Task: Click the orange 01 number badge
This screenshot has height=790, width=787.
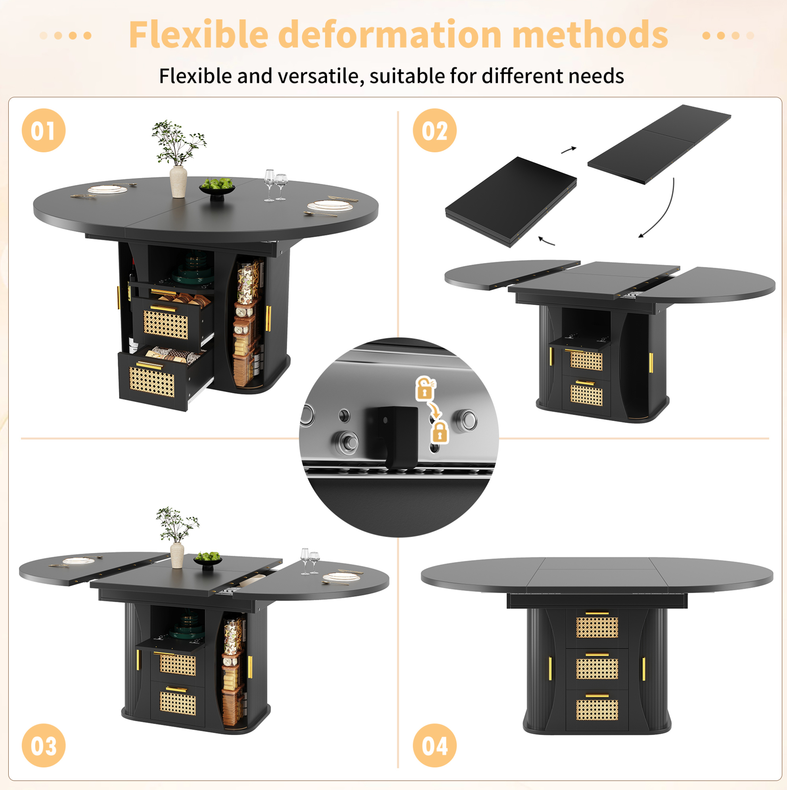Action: [x=43, y=130]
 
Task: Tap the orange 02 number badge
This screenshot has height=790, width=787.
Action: [x=435, y=130]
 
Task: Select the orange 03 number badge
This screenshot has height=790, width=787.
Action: [x=43, y=746]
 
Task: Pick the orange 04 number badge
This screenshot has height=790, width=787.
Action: [x=435, y=746]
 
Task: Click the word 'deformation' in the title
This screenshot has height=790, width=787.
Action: [x=390, y=35]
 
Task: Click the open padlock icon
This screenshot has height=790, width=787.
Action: [x=425, y=388]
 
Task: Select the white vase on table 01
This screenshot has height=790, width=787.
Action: [x=178, y=182]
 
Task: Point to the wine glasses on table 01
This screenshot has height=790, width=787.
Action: [x=275, y=185]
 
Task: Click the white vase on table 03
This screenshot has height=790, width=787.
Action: [x=177, y=555]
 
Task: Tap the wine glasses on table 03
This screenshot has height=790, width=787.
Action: [x=310, y=561]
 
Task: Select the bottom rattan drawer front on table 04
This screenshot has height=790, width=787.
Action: [x=597, y=710]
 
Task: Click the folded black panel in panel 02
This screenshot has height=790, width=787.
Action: [x=511, y=201]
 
